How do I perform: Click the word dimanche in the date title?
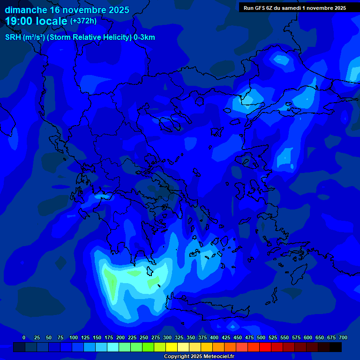(x=26, y=10)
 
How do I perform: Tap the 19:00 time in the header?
(x=19, y=21)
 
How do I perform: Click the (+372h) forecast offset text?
(x=83, y=21)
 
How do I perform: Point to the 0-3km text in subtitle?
(x=144, y=37)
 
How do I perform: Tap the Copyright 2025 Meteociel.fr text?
(x=199, y=356)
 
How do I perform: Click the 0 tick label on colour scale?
(x=24, y=337)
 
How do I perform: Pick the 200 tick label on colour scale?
(x=120, y=337)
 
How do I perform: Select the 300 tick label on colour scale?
(x=167, y=337)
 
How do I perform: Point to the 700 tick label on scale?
(x=343, y=337)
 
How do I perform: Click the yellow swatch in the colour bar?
(x=172, y=347)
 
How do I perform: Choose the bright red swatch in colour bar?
(x=265, y=347)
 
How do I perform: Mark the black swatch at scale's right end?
(x=336, y=347)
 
